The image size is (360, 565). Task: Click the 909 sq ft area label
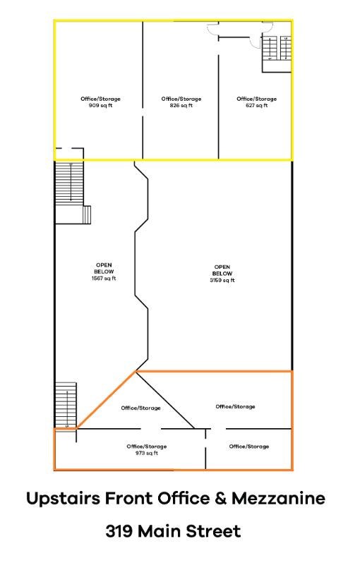[99, 106]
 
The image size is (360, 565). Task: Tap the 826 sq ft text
[181, 106]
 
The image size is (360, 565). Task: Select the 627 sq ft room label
[256, 106]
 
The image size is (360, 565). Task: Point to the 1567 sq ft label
[104, 278]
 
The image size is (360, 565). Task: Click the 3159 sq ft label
[222, 280]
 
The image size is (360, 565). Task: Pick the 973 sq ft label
[147, 453]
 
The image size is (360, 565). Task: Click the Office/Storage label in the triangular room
[140, 408]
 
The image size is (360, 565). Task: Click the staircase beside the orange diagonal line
[65, 404]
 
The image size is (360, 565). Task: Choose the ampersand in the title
[221, 499]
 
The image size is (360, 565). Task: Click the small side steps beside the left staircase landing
[88, 214]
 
